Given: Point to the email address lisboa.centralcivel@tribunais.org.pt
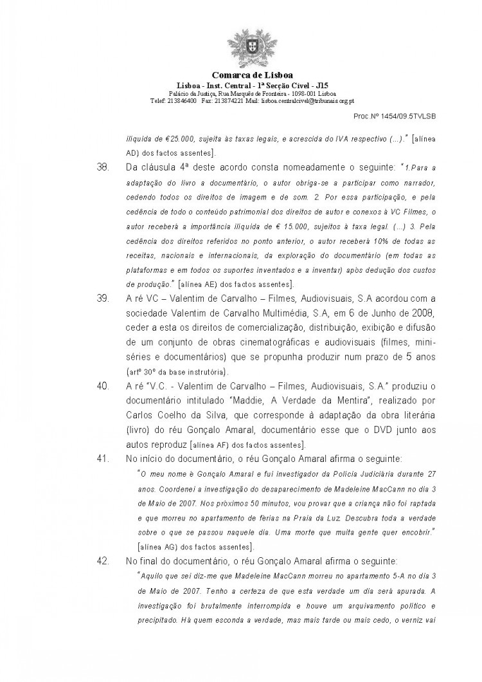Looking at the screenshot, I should point(302,101).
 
